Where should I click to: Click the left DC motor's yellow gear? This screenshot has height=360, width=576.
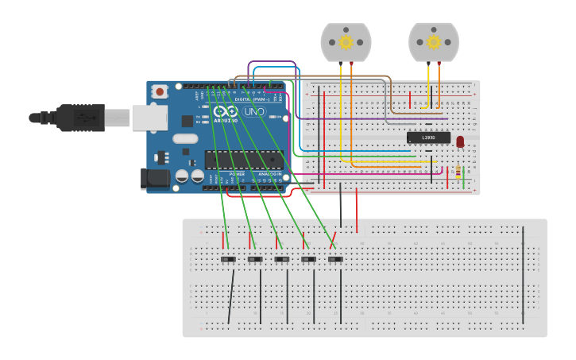(x=346, y=41)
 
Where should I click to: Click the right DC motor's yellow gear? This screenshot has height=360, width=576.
(x=433, y=41)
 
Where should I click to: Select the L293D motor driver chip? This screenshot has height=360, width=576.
(x=428, y=137)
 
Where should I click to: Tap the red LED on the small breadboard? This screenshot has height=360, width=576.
(x=460, y=141)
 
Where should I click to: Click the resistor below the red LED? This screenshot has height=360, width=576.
(x=458, y=171)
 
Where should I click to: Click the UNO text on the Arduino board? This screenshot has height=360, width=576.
(x=253, y=112)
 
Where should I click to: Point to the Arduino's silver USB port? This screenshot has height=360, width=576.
(x=149, y=118)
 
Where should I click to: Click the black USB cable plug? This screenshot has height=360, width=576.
(x=79, y=118)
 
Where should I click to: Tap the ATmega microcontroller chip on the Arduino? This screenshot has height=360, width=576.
(x=242, y=159)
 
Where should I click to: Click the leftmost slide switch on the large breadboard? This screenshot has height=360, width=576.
(x=228, y=259)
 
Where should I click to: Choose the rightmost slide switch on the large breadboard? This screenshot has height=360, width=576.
(x=335, y=259)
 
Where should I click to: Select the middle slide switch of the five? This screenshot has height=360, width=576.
(x=282, y=259)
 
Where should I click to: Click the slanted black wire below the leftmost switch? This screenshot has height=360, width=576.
(x=231, y=296)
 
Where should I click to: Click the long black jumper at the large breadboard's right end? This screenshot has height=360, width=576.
(x=523, y=274)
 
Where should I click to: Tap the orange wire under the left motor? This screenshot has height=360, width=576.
(x=351, y=111)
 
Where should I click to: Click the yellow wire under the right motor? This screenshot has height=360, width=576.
(x=428, y=83)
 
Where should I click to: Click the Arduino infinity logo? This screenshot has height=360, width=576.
(x=225, y=112)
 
